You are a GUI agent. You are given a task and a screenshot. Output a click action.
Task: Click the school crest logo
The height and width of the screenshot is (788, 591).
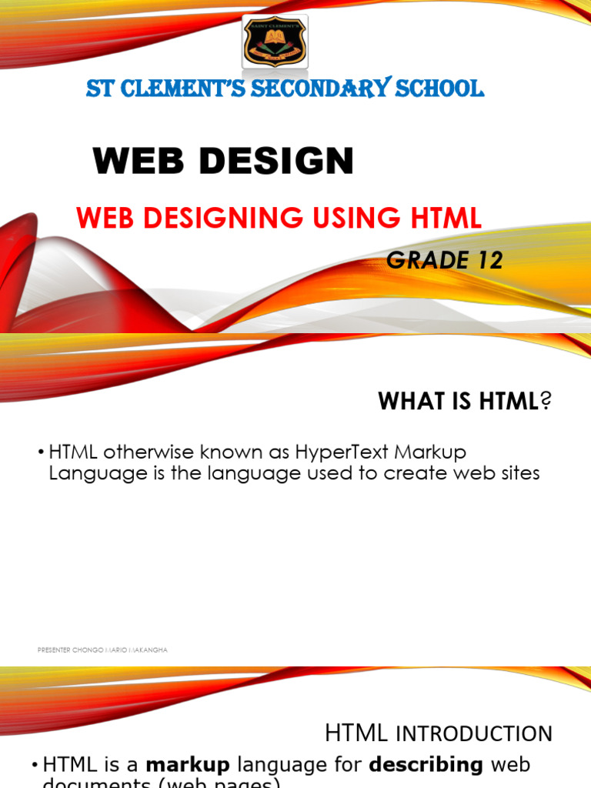coord(275,42)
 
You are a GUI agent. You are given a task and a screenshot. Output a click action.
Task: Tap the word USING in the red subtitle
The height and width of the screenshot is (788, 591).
coord(339,219)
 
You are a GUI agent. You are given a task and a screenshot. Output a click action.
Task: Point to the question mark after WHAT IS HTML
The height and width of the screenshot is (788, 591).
coord(547,401)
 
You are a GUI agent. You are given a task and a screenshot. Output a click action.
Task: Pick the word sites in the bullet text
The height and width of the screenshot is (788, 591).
coord(517,473)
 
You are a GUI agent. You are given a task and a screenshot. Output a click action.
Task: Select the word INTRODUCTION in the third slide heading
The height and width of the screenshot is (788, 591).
coord(474,733)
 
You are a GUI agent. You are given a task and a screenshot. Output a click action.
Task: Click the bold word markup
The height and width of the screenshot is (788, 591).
coord(189,765)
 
